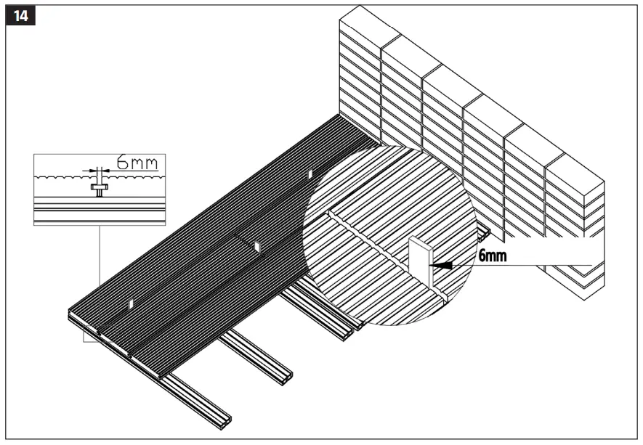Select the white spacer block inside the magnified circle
coord(420,266)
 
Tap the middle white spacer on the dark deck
coord(256,247)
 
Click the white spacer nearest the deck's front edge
coord(131,303)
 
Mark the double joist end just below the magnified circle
coord(349,333)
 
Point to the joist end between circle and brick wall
coord(484,233)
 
